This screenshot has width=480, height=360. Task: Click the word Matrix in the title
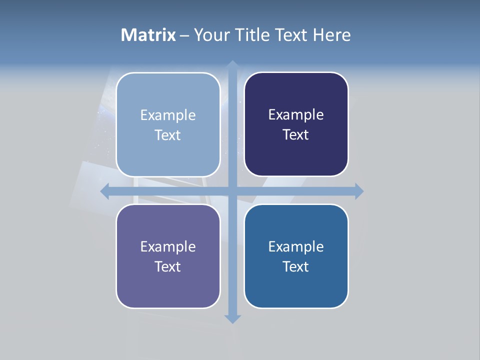148,35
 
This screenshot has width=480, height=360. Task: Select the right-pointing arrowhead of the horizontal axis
359,191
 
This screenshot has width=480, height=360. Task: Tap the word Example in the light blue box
168,115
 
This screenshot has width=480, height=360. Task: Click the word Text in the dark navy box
296,135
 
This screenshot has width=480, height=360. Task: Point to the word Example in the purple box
168,246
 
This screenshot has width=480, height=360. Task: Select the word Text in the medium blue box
296,266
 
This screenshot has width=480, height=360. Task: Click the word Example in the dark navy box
296,114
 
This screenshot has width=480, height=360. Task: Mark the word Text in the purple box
168,266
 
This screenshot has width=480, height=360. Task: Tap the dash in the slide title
184,35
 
